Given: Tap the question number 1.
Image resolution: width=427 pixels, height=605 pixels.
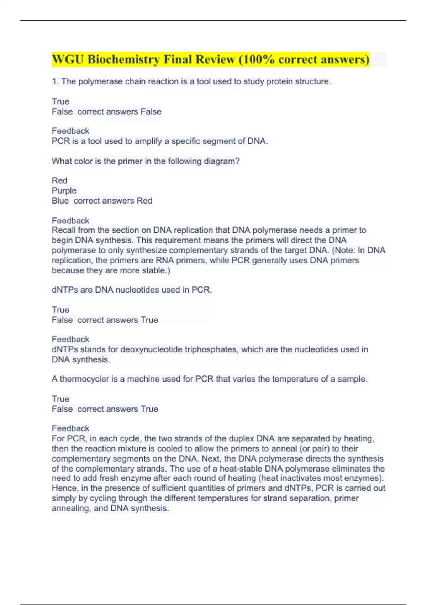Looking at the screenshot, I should pyautogui.click(x=55, y=81).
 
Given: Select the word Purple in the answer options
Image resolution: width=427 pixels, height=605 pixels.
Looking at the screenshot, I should pyautogui.click(x=64, y=191).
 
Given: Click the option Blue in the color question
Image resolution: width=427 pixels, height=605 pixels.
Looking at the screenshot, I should pyautogui.click(x=60, y=201).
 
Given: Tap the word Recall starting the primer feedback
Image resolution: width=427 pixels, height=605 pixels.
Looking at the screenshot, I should pyautogui.click(x=63, y=230).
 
